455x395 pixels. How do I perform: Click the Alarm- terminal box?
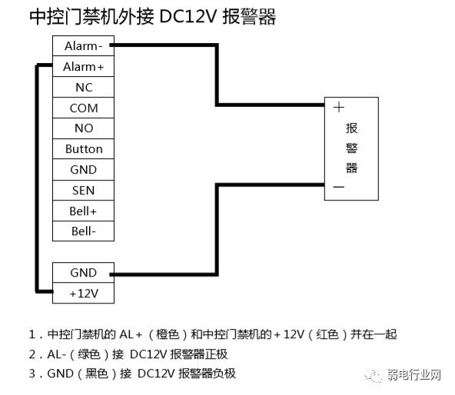click(83, 46)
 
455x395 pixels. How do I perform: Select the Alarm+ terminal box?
click(83, 67)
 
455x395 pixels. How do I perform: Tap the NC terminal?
click(83, 88)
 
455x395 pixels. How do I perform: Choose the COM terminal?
click(83, 108)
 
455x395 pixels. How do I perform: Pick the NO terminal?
click(83, 128)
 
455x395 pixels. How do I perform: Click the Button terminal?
click(83, 149)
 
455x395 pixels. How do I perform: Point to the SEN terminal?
click(83, 191)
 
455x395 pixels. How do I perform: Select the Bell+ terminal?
click(83, 211)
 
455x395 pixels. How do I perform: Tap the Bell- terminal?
click(83, 231)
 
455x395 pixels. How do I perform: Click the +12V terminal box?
click(83, 293)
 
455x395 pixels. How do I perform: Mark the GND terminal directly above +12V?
click(83, 273)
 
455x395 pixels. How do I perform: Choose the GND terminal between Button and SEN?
click(83, 170)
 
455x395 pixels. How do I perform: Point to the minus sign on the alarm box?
click(338, 187)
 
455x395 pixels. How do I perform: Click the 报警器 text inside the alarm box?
click(352, 148)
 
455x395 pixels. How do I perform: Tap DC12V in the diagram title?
click(188, 17)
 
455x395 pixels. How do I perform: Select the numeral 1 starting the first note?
click(32, 335)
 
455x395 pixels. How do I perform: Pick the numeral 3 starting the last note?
click(32, 374)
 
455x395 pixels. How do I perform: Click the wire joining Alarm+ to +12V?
click(36, 177)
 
